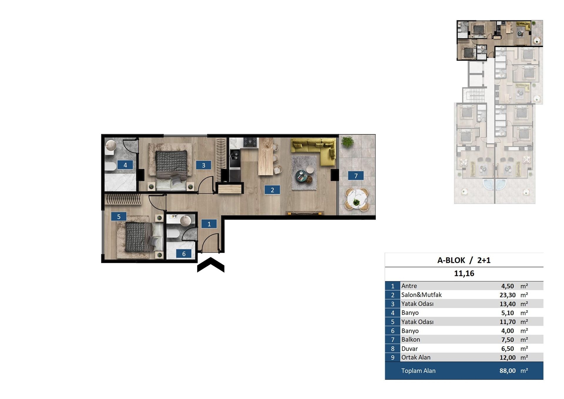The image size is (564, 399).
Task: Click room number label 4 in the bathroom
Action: coord(125,165)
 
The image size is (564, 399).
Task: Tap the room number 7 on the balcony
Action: coord(356,176)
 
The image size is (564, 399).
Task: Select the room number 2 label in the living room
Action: coord(272,190)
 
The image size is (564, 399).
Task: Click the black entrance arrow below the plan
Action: coord(211,265)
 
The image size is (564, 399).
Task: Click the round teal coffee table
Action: coord(302,176)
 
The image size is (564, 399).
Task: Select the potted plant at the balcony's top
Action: coord(348,142)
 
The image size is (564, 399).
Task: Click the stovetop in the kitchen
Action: coord(250,142)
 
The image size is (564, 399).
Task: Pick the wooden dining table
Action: coord(266,156)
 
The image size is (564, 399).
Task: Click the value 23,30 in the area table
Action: coord(507,295)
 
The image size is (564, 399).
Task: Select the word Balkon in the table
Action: coord(411,340)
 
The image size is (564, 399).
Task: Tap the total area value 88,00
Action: coord(507,371)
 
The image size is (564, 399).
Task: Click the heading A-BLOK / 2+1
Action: coord(464,260)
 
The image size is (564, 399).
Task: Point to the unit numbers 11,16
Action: coord(464,273)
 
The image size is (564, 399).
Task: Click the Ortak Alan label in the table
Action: coord(416,358)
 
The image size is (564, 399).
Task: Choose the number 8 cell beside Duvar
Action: coord(393,349)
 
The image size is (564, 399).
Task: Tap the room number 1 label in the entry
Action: coord(209,224)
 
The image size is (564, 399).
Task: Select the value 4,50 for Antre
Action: coord(507,286)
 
